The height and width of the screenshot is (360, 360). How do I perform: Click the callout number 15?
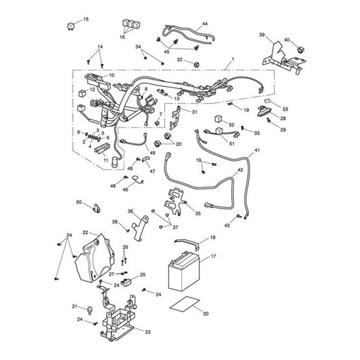point(86,19)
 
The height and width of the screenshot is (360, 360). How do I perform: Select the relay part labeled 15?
point(71,26)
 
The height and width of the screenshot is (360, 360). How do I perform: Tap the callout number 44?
point(205,24)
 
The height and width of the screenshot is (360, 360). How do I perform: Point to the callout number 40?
point(287,40)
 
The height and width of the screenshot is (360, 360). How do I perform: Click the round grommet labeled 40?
point(300,49)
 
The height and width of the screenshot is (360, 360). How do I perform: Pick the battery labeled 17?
point(184,272)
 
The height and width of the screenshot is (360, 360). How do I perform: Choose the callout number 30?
point(206,314)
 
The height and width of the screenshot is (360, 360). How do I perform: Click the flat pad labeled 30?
point(185,304)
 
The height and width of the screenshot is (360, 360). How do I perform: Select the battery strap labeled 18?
point(187,243)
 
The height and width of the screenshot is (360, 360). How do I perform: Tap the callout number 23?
point(148,332)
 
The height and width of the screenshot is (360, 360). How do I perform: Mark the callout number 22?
point(85,232)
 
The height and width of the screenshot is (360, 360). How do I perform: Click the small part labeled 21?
point(90,310)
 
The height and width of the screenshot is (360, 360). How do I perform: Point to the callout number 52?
point(232,124)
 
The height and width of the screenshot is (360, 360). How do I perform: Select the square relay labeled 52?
point(219,119)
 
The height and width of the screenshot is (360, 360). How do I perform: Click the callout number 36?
point(130,211)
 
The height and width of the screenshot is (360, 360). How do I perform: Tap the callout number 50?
point(79,202)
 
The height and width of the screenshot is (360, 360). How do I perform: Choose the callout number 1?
point(233,59)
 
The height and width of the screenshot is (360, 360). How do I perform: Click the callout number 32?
point(179,60)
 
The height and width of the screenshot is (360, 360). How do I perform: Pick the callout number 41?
point(257,150)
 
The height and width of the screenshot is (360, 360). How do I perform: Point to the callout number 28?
point(283,118)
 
